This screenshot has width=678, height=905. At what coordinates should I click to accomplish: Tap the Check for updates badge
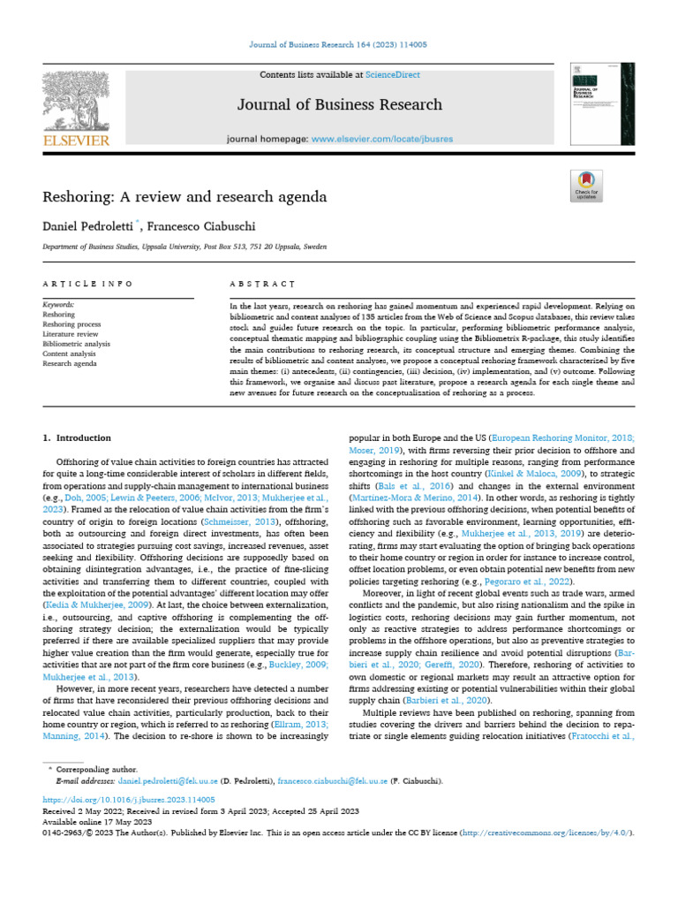pos(586,185)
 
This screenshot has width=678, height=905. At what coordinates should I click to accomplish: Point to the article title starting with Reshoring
pos(185,195)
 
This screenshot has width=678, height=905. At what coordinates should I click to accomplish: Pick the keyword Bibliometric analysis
pos(77,344)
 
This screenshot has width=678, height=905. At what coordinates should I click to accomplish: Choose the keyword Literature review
pos(72,334)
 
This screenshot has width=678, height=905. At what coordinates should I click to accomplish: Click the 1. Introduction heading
pos(78,437)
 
